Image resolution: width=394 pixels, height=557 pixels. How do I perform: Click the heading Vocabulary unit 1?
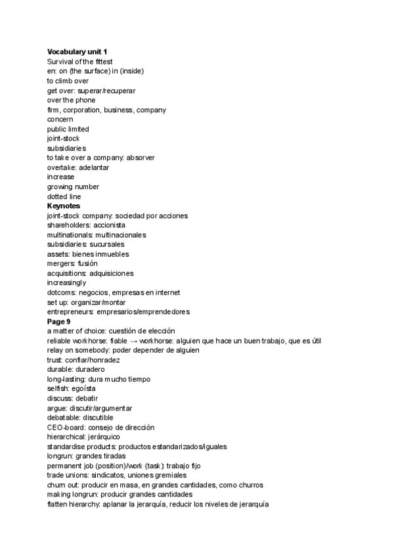click(x=75, y=51)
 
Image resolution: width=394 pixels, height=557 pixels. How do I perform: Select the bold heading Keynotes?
click(x=64, y=206)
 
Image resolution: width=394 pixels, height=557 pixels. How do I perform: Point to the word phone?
click(x=86, y=100)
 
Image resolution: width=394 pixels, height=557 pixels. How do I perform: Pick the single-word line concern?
click(x=60, y=120)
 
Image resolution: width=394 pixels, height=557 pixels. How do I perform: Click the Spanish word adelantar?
click(x=94, y=167)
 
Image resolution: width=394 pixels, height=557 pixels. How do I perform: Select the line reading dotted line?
click(x=64, y=196)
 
